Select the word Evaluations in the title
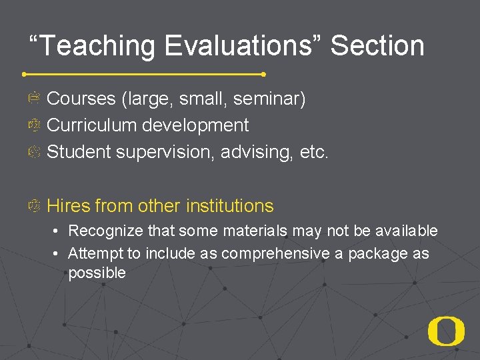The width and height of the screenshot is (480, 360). click(x=243, y=46)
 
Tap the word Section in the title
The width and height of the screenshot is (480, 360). click(x=377, y=46)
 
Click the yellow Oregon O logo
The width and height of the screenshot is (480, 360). click(x=446, y=331)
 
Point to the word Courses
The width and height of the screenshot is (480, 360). click(x=81, y=99)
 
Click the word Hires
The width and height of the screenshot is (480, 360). click(x=68, y=206)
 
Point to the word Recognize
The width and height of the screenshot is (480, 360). click(x=105, y=231)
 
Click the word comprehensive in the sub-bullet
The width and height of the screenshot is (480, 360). click(x=275, y=254)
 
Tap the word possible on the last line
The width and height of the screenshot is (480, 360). click(x=97, y=273)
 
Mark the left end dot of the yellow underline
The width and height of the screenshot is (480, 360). click(x=25, y=73)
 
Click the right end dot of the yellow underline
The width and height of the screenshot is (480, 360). click(x=264, y=74)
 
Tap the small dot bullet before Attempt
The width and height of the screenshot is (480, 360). click(x=59, y=254)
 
